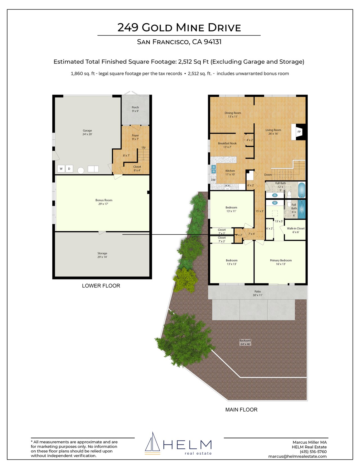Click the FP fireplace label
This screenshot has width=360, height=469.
coord(299,132)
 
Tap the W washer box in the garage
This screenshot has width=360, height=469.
coord(61,169)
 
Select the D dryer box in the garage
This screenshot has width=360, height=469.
coord(69,169)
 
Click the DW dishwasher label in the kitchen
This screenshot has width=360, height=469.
coord(213,180)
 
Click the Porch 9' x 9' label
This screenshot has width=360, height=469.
coord(135,109)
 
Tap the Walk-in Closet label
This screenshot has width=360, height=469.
coord(296,229)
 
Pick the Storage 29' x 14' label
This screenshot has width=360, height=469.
coord(102,255)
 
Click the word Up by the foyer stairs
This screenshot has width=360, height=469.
coord(143,148)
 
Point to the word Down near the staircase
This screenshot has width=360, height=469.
coord(268,175)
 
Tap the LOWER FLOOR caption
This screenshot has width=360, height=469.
coord(101,286)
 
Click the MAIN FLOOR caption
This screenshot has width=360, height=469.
coord(241,410)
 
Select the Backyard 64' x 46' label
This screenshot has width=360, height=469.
coord(245,342)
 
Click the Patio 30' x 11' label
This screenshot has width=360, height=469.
coord(258,293)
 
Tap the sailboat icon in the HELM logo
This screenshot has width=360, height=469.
coord(153,443)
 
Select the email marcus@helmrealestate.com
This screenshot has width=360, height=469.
coord(298,456)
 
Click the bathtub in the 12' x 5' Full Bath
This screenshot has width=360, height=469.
coord(301,190)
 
